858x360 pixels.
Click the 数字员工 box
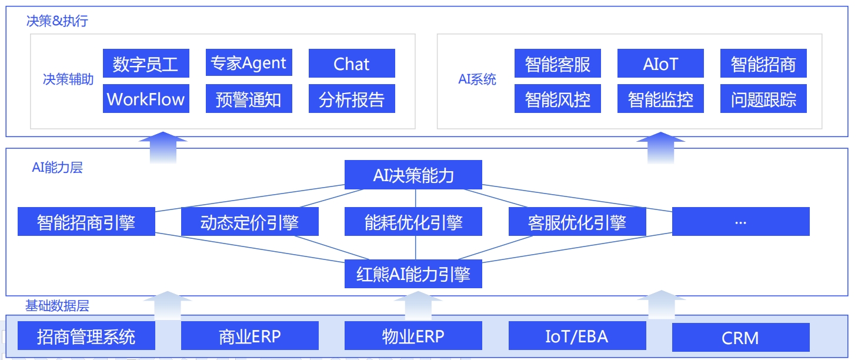146,63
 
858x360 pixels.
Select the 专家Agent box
249,62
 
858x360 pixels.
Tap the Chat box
352,63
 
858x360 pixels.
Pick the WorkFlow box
146,98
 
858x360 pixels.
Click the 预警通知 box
249,98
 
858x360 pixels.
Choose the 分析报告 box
352,98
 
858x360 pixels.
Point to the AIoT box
660,63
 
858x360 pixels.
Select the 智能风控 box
557,98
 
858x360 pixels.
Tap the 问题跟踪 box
763,98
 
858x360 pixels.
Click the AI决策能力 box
413,175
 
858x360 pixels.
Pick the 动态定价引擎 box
250,221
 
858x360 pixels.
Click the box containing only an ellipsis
741,221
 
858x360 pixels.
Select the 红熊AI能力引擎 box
413,274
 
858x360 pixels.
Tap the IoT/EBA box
577,335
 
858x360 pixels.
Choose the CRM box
741,337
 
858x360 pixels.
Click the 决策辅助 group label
68,79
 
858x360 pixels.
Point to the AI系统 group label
478,79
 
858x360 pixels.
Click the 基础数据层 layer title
57,306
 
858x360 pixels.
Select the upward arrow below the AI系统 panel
661,148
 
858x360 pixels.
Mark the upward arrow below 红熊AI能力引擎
418,306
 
